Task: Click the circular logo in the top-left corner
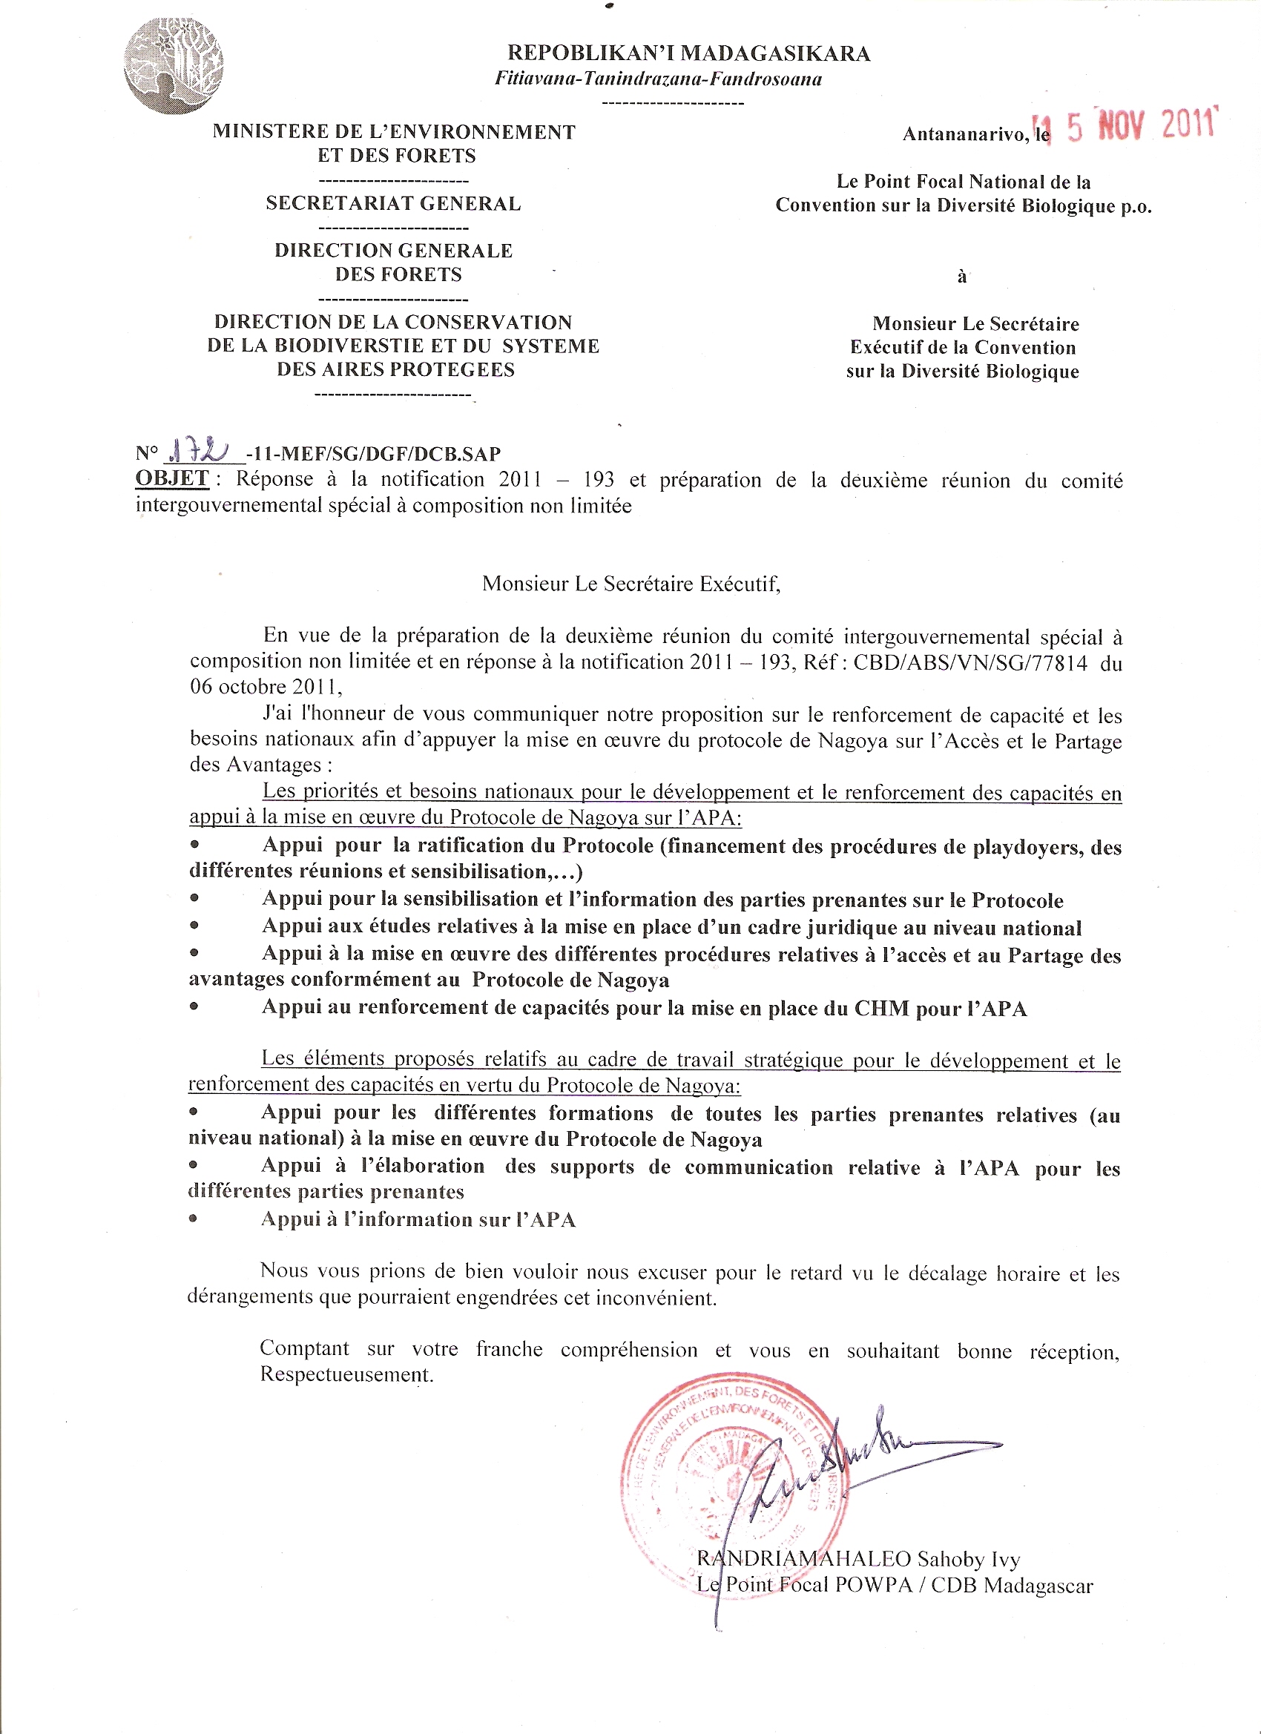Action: click(x=173, y=66)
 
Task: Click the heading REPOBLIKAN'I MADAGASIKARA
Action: click(x=688, y=53)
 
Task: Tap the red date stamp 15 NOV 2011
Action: click(x=1124, y=125)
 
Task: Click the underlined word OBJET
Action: click(x=172, y=478)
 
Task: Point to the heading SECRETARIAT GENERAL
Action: click(x=393, y=203)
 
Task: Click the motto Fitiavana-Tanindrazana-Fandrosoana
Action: click(x=658, y=79)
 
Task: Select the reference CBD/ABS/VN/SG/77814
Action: click(x=969, y=662)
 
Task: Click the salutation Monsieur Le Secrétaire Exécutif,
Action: click(x=631, y=584)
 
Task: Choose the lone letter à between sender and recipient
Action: click(x=961, y=276)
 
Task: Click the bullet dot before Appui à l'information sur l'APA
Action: click(x=194, y=1219)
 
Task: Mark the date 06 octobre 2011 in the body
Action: click(x=265, y=687)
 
